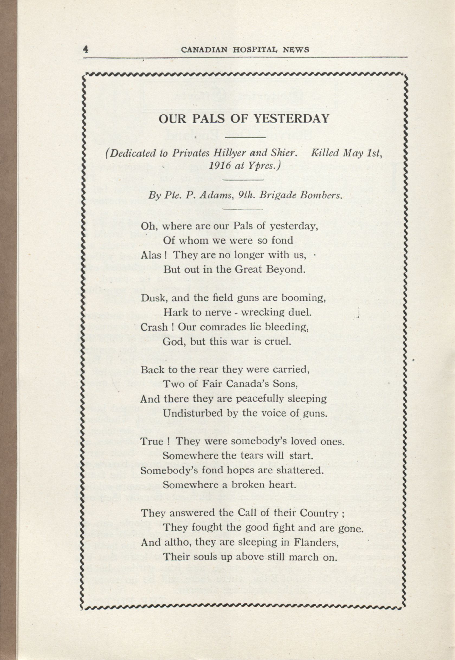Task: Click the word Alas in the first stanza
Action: point(151,255)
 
